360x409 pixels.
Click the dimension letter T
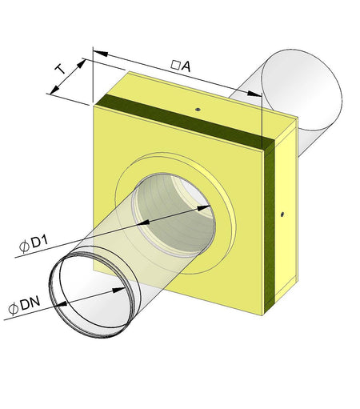click(61, 69)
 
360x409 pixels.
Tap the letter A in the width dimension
click(186, 68)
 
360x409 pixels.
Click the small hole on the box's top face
click(196, 105)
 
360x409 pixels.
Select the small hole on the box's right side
click(283, 214)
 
